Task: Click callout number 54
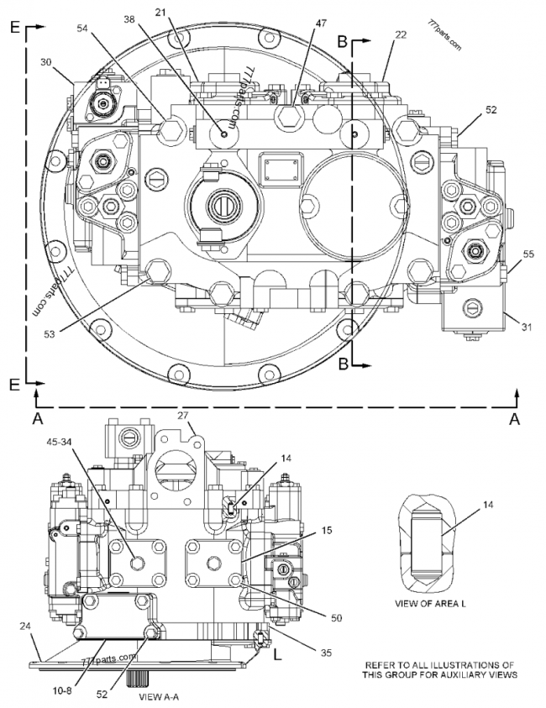83,29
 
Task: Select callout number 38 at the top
130,19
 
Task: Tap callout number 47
321,23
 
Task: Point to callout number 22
400,34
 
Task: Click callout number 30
46,62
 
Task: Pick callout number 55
528,254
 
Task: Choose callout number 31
527,327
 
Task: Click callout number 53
50,334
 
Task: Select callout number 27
183,416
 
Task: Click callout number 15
326,530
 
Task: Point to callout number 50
337,618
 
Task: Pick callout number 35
326,652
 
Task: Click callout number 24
25,626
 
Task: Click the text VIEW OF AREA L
430,603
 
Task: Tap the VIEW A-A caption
159,697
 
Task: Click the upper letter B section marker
343,41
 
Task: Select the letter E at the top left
15,28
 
